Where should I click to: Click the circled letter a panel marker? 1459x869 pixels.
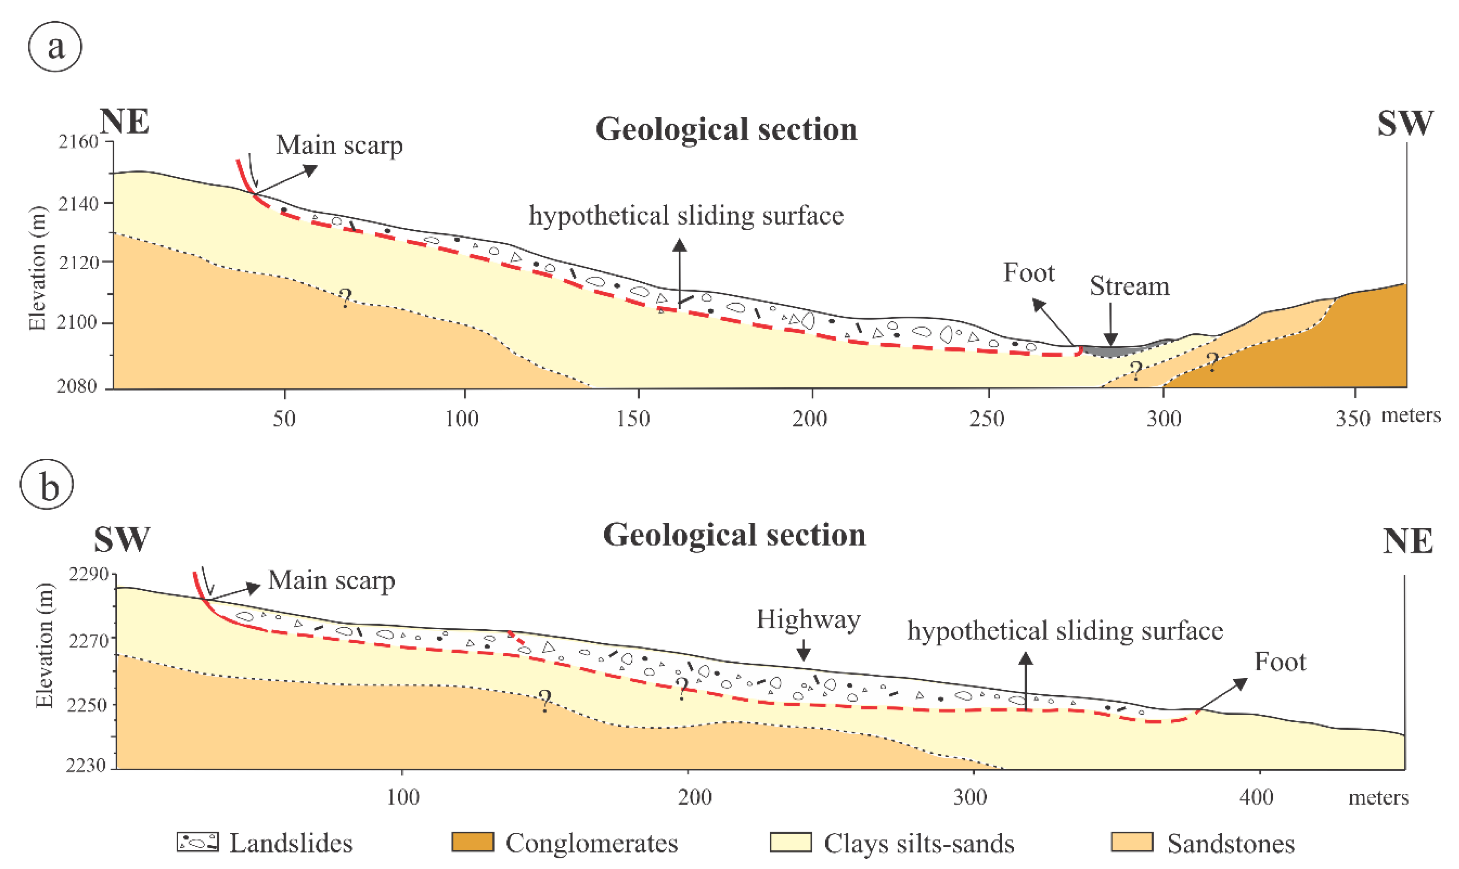point(55,46)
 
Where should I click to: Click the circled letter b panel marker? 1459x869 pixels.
point(47,485)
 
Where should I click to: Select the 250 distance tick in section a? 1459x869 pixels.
point(987,418)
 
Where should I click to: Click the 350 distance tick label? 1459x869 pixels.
point(1352,418)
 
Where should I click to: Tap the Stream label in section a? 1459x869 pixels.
point(1129,286)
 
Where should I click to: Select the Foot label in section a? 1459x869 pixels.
point(1029,273)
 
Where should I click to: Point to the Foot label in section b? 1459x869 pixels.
point(1280,662)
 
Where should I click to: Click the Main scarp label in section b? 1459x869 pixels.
point(332,580)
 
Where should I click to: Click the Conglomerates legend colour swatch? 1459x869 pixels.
point(472,842)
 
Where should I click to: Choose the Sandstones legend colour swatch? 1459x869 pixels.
point(1132,842)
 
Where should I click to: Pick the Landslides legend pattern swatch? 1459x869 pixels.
point(198,842)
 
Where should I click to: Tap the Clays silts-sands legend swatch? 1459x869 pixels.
point(790,842)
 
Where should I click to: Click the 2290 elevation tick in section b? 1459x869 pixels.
point(88,574)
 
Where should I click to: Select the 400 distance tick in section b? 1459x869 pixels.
point(1256,797)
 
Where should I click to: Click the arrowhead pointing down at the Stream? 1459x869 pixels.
point(1111,339)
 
